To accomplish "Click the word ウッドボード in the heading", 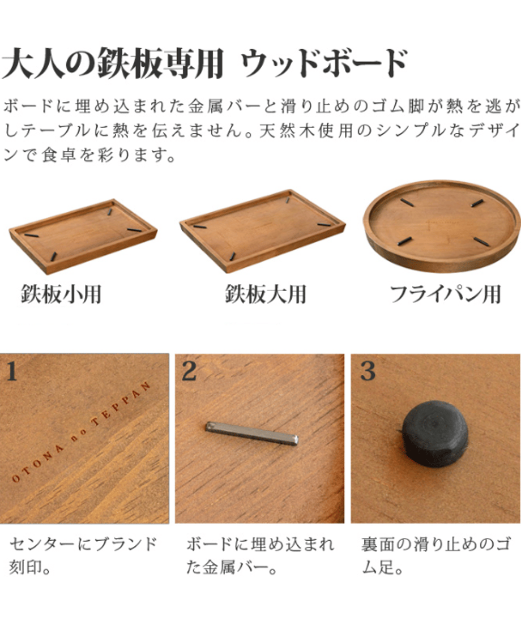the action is (x=324, y=63).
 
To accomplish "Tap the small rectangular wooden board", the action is (x=83, y=237).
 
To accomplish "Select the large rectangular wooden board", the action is (x=262, y=232).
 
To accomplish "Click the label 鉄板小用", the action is (x=61, y=295).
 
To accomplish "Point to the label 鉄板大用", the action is (x=266, y=294).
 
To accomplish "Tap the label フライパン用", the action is (x=445, y=294).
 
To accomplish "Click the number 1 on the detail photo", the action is (x=11, y=371).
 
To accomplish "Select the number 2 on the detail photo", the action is (x=189, y=371).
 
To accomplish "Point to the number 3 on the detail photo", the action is (x=368, y=371).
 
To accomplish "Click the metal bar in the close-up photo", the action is (x=252, y=434).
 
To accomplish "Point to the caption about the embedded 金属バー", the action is (x=260, y=555).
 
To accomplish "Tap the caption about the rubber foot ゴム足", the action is (x=435, y=555).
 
